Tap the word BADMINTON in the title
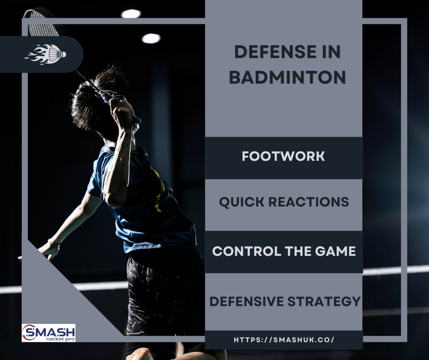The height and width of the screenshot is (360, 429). click(287, 78)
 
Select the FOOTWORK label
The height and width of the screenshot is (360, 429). click(283, 156)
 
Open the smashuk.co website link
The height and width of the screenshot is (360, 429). click(284, 340)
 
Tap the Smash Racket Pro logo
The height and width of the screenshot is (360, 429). click(48, 333)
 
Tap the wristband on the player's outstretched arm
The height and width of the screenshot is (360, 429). click(54, 242)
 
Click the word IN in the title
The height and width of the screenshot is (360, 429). click(330, 53)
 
